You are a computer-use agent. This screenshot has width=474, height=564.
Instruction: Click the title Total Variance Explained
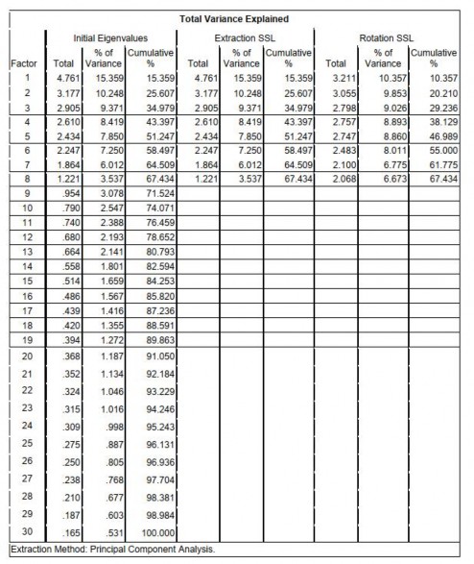(x=236, y=18)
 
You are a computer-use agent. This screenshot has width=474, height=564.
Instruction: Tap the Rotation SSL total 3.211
(x=342, y=77)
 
